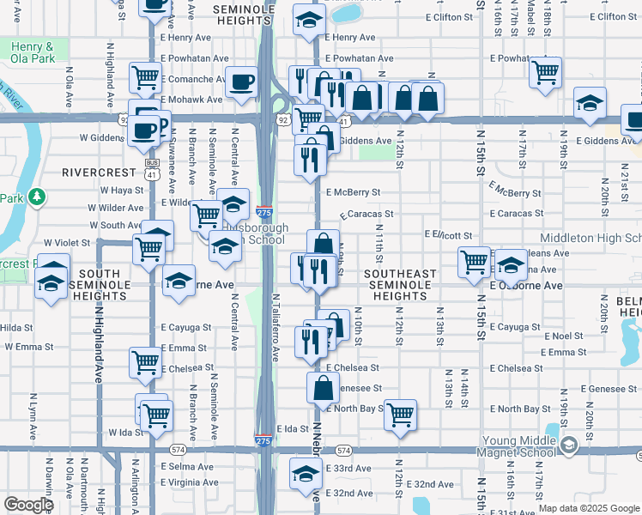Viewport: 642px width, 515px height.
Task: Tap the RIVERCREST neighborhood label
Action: tap(94, 173)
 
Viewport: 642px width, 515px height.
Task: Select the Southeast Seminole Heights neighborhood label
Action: tap(400, 285)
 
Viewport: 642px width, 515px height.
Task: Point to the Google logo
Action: tap(28, 505)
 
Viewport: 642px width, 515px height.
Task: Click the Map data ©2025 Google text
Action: tap(589, 508)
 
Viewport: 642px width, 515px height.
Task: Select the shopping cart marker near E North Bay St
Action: tap(401, 415)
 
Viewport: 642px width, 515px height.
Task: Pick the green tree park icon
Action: tap(36, 197)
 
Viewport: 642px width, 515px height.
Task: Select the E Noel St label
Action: tap(562, 336)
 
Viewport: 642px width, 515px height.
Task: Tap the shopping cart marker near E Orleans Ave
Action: tap(473, 263)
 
